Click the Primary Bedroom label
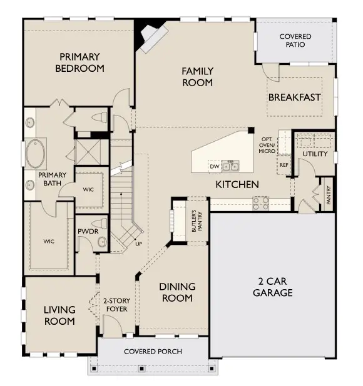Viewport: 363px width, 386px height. [79, 62]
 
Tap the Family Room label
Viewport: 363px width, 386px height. [198, 77]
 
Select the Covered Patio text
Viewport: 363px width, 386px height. [295, 41]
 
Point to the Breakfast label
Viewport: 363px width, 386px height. [294, 97]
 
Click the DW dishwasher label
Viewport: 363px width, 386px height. [215, 166]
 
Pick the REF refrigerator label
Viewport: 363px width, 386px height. [284, 165]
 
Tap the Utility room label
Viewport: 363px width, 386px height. [315, 154]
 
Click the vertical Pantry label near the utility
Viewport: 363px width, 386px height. [328, 195]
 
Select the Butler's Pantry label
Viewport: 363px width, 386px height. [197, 221]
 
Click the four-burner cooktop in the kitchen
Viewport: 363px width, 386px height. [260, 204]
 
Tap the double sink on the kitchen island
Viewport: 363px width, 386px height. [230, 166]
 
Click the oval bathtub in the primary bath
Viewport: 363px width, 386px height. [36, 154]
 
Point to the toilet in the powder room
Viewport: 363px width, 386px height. [100, 224]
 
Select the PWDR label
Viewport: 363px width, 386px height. [88, 231]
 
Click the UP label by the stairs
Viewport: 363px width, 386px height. [138, 244]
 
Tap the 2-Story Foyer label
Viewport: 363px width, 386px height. [116, 305]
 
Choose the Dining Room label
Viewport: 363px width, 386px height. [177, 292]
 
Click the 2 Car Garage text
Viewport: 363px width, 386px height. [272, 287]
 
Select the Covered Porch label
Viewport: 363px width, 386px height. [153, 352]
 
